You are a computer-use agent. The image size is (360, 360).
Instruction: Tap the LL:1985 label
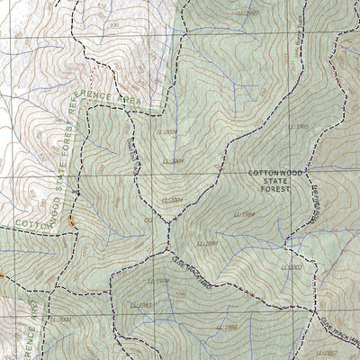[x=299, y=127]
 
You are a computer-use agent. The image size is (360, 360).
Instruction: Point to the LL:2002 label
[x=292, y=267]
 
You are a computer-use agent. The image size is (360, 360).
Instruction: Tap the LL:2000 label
[x=60, y=319]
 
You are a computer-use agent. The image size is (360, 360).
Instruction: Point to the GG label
[x=148, y=219]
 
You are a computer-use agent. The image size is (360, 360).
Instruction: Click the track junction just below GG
[x=166, y=245]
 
